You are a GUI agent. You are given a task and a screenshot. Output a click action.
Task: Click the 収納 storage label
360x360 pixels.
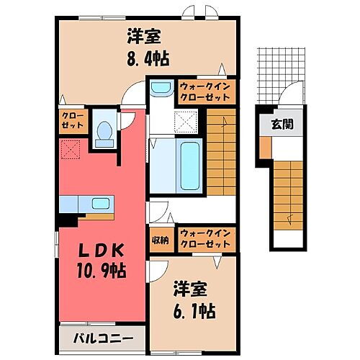pos(159,240)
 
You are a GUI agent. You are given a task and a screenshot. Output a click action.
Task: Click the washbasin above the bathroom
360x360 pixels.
pos(160,89)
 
